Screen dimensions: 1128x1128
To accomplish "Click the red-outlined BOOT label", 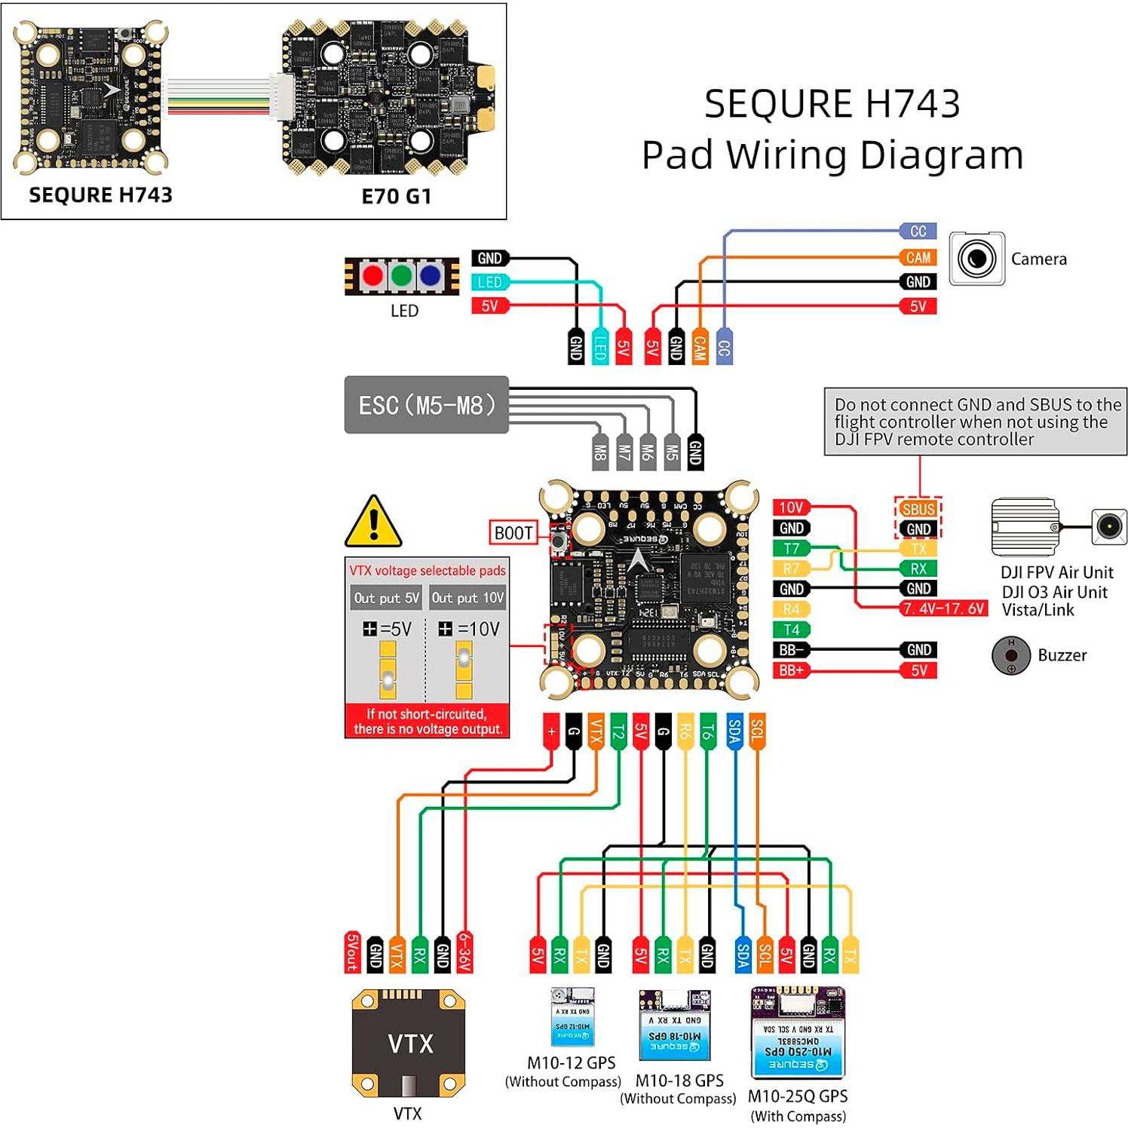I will click(513, 532).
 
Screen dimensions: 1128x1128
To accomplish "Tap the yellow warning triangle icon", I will click(373, 522).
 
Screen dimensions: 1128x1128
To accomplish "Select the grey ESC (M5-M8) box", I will click(426, 405).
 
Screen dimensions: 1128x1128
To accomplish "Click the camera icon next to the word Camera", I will click(976, 259).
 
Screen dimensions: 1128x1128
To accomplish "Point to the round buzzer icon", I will click(1010, 655).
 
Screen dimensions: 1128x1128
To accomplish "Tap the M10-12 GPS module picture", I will click(572, 1016).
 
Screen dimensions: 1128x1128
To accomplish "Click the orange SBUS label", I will click(918, 509).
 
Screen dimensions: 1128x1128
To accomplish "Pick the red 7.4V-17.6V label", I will click(944, 608).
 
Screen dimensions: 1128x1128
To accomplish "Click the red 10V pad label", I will click(791, 507).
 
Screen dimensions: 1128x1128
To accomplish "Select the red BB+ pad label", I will click(791, 670).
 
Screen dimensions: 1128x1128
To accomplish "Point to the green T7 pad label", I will click(791, 548).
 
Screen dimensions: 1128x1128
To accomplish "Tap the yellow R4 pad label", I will click(791, 609).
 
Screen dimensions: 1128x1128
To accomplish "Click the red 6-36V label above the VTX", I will click(465, 952).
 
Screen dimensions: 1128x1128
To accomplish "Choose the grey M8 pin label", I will click(600, 452).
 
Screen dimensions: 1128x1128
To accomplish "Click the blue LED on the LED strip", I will click(430, 276).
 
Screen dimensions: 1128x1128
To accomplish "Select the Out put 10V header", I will click(467, 598).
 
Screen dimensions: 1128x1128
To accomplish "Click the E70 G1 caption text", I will click(397, 197).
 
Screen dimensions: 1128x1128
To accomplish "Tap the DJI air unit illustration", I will click(1025, 526).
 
